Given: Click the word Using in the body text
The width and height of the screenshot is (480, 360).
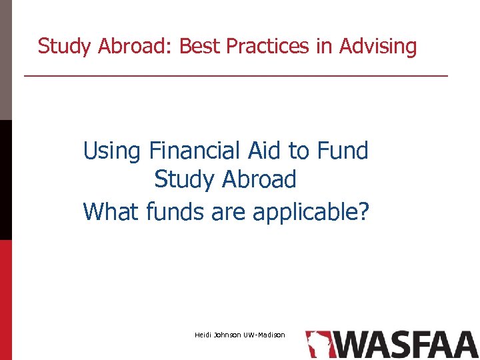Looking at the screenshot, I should pos(112,151).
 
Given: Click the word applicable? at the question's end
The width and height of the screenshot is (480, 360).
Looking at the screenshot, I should pos(311,213).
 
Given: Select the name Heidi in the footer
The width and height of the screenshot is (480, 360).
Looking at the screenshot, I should pos(203,334).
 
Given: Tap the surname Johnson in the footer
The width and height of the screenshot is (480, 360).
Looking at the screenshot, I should pos(228,334).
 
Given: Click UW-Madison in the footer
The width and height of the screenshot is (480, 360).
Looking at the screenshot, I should pos(264,334).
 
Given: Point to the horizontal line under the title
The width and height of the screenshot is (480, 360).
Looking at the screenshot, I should pos(236,76).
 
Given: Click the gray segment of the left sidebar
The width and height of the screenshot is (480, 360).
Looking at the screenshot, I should pos(6,60).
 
